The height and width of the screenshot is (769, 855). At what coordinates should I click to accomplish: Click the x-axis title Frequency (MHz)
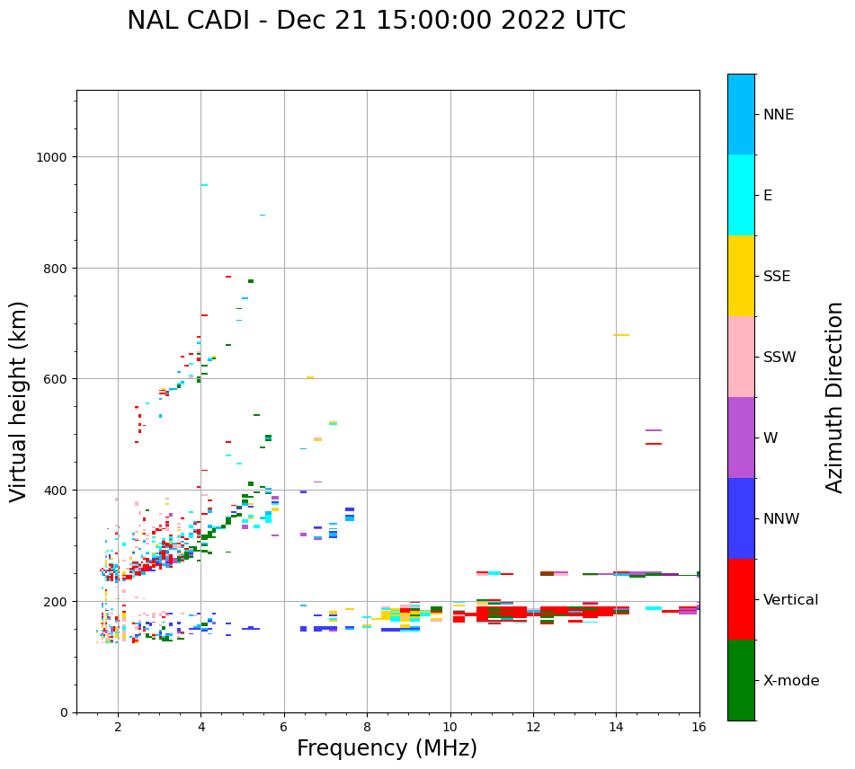point(387,748)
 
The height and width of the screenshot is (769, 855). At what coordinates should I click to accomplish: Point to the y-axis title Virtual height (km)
point(20,401)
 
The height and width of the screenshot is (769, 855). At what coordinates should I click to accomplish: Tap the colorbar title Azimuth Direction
point(835,397)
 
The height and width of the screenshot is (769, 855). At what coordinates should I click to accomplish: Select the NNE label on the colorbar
point(779,114)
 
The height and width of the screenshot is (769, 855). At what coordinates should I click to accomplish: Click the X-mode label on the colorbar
point(791,680)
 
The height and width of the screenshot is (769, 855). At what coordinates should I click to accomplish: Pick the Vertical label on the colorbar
point(791,599)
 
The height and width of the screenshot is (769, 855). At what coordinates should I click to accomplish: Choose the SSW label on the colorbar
point(779,357)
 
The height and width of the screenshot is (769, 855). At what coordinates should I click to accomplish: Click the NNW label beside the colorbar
point(782,518)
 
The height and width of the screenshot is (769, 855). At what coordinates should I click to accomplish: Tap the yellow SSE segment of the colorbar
point(741,276)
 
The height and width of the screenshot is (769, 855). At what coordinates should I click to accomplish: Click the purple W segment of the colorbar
point(741,438)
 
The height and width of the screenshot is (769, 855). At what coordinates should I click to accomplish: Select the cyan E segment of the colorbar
point(741,195)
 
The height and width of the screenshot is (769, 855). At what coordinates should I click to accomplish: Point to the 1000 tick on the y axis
point(53,156)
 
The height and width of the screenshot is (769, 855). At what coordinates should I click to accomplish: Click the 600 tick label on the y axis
point(57,379)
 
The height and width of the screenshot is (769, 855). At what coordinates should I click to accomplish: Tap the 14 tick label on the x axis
point(616,727)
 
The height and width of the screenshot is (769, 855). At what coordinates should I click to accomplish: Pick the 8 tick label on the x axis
point(367,727)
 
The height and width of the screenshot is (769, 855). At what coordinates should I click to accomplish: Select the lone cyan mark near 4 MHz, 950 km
point(204,185)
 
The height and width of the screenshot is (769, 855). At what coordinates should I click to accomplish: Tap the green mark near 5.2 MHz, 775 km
point(251,281)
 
